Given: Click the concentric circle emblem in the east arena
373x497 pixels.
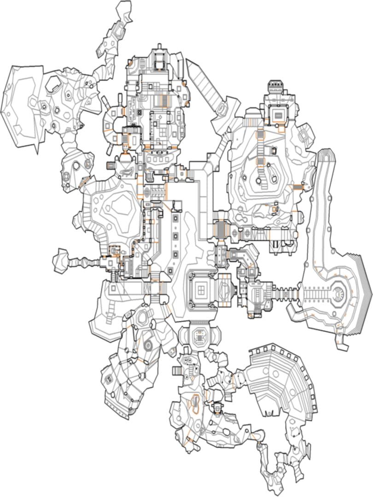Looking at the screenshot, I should click(340, 292).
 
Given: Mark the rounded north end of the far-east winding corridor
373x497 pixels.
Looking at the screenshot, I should click(325, 154).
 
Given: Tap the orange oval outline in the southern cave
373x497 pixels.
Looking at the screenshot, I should click(195, 403).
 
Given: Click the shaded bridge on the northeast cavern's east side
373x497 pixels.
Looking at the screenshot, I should click(298, 186).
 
